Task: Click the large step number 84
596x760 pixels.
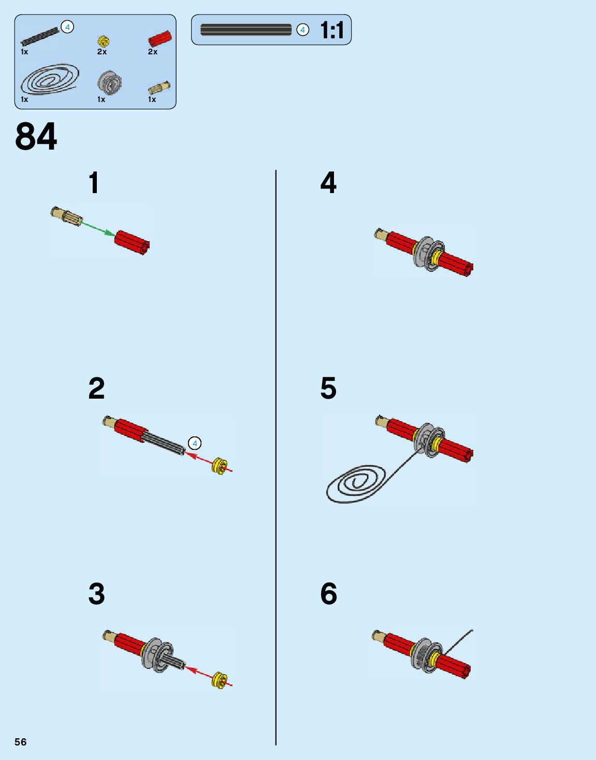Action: click(36, 137)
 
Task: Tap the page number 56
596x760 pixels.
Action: click(20, 742)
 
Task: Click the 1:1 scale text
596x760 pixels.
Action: click(332, 30)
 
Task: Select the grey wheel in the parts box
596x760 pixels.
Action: click(109, 82)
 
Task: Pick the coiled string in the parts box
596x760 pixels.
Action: click(50, 80)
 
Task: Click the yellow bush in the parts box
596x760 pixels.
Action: click(103, 41)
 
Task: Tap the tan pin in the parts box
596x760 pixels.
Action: click(159, 87)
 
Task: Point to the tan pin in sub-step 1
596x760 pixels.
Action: click(66, 216)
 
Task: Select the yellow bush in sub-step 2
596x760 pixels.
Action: click(220, 466)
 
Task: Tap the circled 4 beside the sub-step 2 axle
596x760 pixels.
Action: click(195, 443)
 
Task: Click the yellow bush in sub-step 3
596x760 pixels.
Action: click(220, 680)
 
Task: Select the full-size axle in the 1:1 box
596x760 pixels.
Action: click(246, 30)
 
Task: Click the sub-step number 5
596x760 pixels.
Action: click(328, 388)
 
